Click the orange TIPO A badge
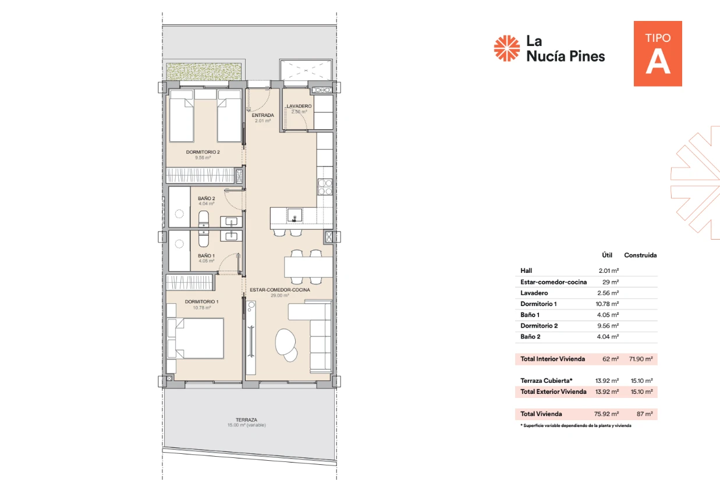pos(658,54)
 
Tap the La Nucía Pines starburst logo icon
pos(506,48)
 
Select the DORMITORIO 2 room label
pos(203,152)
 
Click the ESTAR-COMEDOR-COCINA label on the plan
pos(279,290)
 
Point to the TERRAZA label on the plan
pos(246,420)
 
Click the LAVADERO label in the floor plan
pos(299,106)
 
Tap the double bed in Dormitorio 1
pos(196,338)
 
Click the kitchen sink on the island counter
pos(295,215)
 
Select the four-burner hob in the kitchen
pos(325,187)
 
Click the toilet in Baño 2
pos(204,219)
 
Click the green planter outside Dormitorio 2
pos(204,72)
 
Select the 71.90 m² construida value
pos(641,359)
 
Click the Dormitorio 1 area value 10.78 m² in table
pos(607,304)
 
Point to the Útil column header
pos(607,255)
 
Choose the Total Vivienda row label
pos(541,414)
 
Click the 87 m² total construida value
pos(645,414)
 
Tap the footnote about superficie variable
pos(576,426)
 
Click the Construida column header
pos(640,255)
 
